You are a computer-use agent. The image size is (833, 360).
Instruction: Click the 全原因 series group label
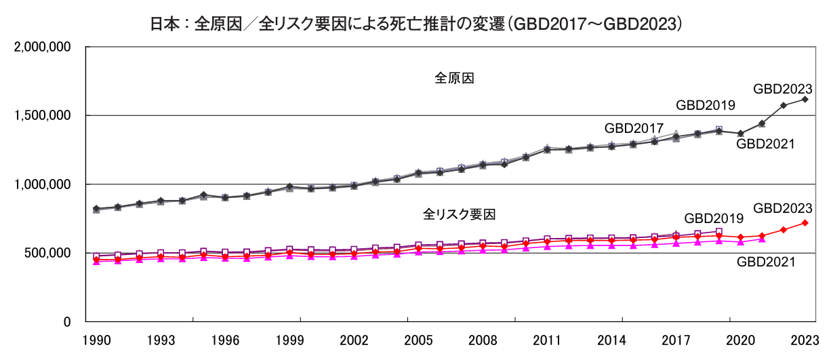453,78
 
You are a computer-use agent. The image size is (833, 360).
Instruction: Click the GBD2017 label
634,127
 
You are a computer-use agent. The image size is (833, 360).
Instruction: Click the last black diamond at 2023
805,99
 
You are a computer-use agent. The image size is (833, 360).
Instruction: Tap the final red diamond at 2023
805,222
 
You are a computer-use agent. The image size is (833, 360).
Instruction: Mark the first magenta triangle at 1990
96,261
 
